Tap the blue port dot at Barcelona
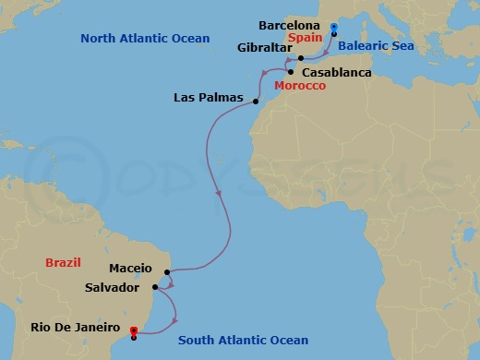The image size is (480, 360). pyautogui.click(x=333, y=27)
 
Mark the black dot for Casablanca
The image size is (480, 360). pyautogui.click(x=291, y=72)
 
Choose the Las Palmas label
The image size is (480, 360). pyautogui.click(x=209, y=97)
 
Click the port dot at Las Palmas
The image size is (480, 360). pyautogui.click(x=255, y=102)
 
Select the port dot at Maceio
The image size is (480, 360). pyautogui.click(x=167, y=272)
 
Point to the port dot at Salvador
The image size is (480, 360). pyautogui.click(x=156, y=287)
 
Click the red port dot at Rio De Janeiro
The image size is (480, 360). pyautogui.click(x=135, y=330)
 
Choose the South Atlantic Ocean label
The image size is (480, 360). pyautogui.click(x=244, y=341)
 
